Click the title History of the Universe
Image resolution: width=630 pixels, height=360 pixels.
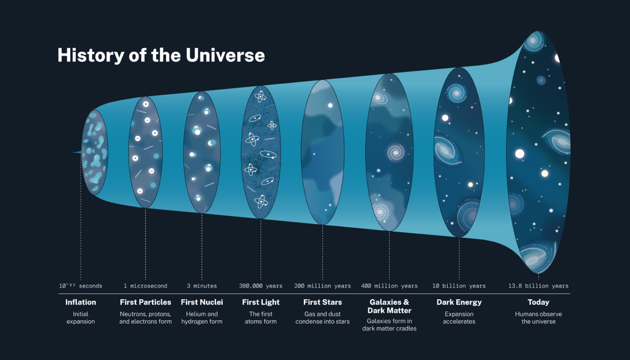(161, 55)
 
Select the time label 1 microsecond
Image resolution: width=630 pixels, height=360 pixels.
(145, 286)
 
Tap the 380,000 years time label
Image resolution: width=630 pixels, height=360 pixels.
(261, 286)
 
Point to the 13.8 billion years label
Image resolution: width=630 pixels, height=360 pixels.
(538, 286)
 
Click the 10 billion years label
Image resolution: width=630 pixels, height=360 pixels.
(459, 286)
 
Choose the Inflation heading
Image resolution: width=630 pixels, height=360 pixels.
(81, 302)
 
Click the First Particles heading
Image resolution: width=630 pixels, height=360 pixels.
(145, 302)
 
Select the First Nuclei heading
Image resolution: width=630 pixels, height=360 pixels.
(202, 302)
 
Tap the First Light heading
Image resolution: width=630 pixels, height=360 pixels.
(261, 302)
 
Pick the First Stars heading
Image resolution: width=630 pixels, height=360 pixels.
(322, 302)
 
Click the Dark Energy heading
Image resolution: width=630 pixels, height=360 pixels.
(459, 302)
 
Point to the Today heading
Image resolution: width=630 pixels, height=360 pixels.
(538, 302)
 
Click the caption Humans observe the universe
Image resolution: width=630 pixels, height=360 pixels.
(538, 318)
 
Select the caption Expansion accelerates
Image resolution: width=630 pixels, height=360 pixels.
(459, 318)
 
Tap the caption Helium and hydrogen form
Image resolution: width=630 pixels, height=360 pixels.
(202, 318)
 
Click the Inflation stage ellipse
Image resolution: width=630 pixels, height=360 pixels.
(95, 153)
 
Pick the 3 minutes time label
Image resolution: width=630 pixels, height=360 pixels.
(202, 286)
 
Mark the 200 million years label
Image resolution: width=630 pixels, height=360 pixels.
(322, 286)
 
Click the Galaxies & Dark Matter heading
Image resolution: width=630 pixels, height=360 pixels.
(389, 306)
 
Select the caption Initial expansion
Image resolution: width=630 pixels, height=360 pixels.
(81, 318)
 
